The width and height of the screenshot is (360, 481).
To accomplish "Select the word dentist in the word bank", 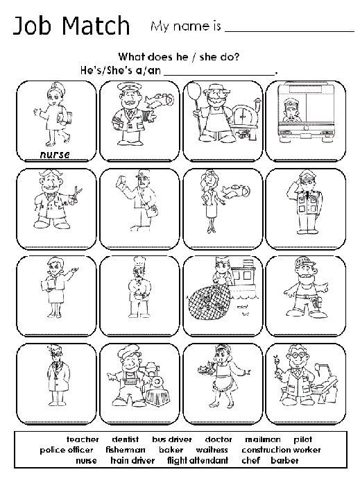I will click(125, 439).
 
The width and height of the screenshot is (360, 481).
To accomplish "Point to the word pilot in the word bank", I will click(302, 439).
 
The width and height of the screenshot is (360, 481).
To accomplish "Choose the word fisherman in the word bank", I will click(126, 450).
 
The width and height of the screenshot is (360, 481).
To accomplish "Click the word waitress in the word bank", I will click(212, 450).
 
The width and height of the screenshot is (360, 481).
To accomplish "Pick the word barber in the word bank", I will click(284, 460).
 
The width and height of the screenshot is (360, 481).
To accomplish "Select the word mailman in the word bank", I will click(262, 439).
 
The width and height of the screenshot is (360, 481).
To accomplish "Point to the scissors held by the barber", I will click(74, 192).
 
